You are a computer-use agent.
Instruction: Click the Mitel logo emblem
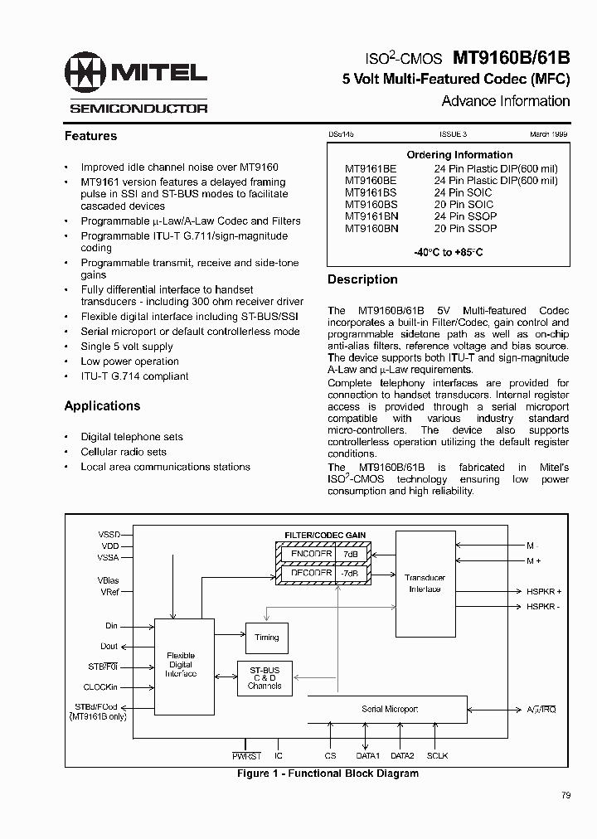(85, 75)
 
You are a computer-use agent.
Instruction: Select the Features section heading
(90, 136)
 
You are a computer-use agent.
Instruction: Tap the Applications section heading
(102, 406)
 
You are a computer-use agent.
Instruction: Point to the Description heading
(362, 279)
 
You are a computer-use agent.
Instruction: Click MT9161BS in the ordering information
(371, 192)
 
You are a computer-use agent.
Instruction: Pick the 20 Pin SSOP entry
(465, 228)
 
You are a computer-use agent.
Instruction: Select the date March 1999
(549, 133)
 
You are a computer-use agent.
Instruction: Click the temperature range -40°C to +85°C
(448, 251)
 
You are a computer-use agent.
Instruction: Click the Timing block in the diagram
(267, 638)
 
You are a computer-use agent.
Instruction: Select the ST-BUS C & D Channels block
(265, 678)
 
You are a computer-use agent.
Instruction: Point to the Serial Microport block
(389, 710)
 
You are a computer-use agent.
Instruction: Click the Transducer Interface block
(425, 583)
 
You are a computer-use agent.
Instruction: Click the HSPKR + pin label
(544, 591)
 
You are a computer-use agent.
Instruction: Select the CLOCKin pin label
(101, 686)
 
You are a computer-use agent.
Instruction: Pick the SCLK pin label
(438, 756)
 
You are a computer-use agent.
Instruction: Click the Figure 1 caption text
(328, 774)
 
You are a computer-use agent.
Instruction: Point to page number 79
(565, 796)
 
